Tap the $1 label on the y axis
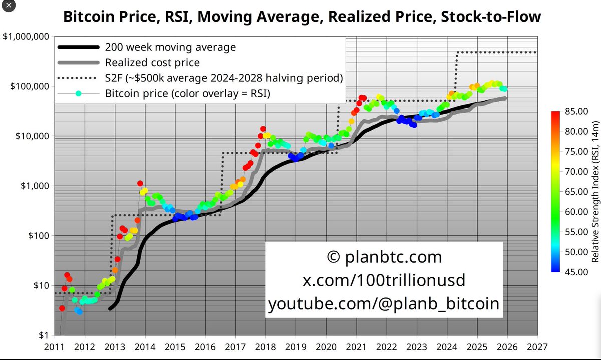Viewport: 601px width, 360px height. (42, 335)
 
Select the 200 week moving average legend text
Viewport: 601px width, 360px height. (170, 48)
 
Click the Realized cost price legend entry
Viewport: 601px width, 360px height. (152, 63)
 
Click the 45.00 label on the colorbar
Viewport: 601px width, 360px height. (574, 272)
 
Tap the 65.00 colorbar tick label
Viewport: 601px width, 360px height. (574, 192)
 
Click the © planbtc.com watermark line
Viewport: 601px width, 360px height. (384, 257)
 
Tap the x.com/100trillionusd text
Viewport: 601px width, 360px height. (384, 280)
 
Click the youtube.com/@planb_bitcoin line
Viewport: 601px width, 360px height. (384, 304)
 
